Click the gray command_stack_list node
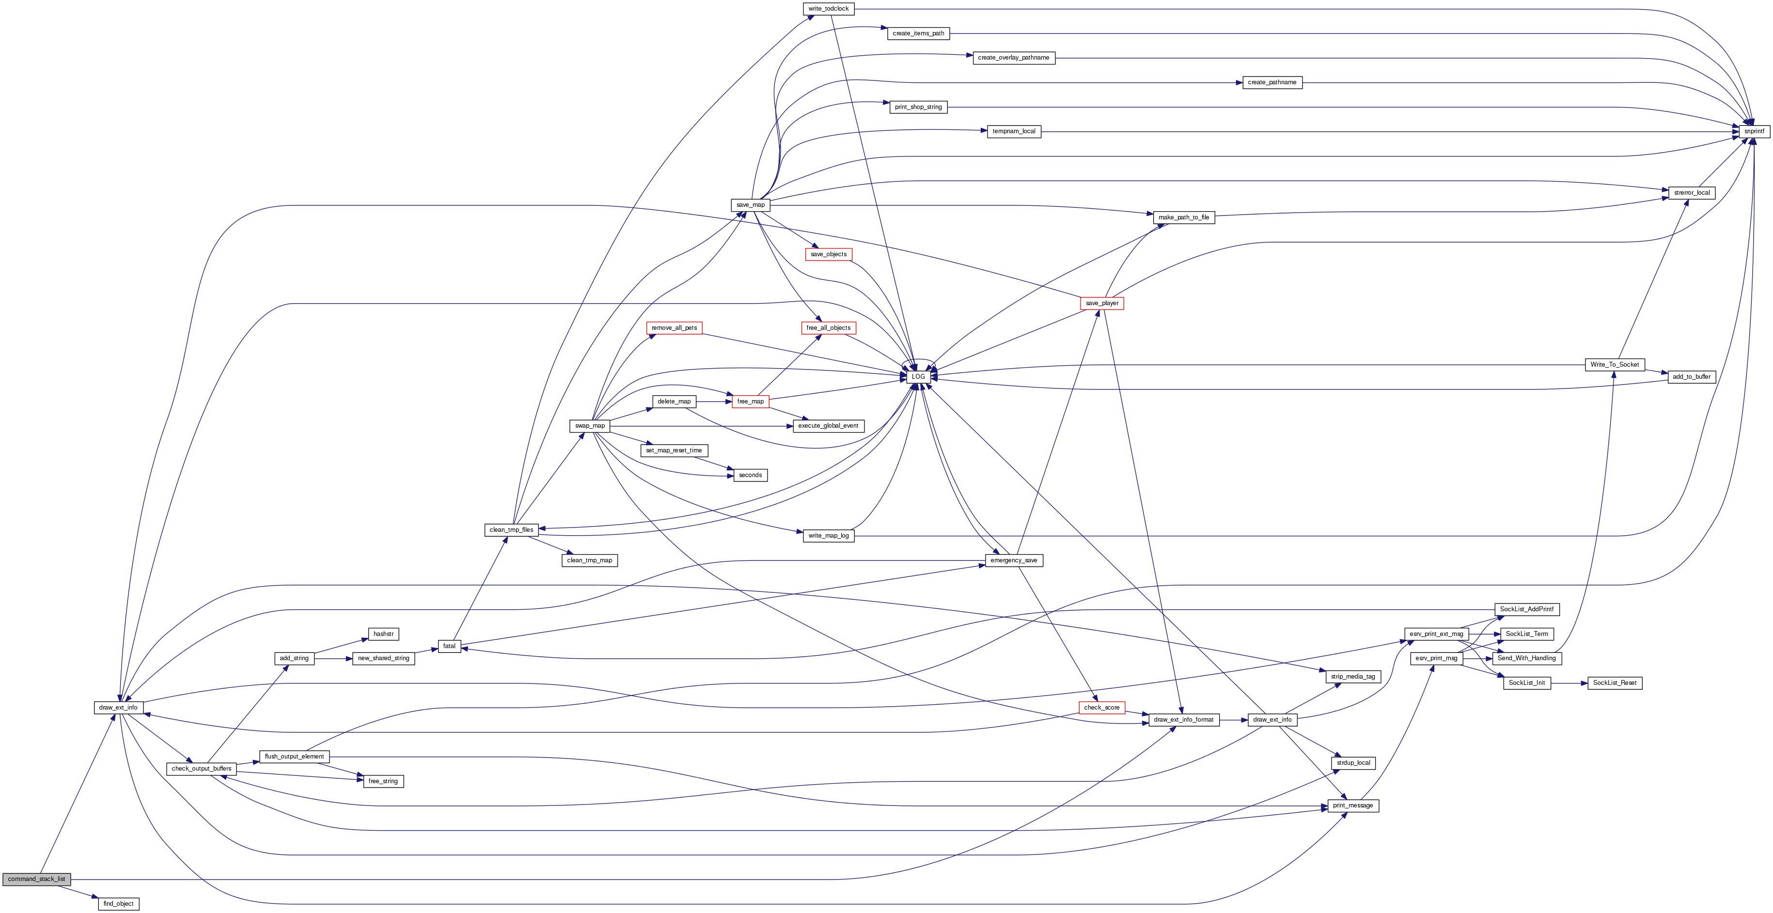[x=36, y=879]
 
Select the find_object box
[x=118, y=903]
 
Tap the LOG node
[x=918, y=377]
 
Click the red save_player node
[x=1102, y=303]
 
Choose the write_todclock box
[x=829, y=9]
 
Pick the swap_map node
[x=590, y=426]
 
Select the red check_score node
[x=1101, y=707]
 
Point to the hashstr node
[x=383, y=634]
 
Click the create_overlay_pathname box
[x=1013, y=58]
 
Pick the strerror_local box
[x=1692, y=193]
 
